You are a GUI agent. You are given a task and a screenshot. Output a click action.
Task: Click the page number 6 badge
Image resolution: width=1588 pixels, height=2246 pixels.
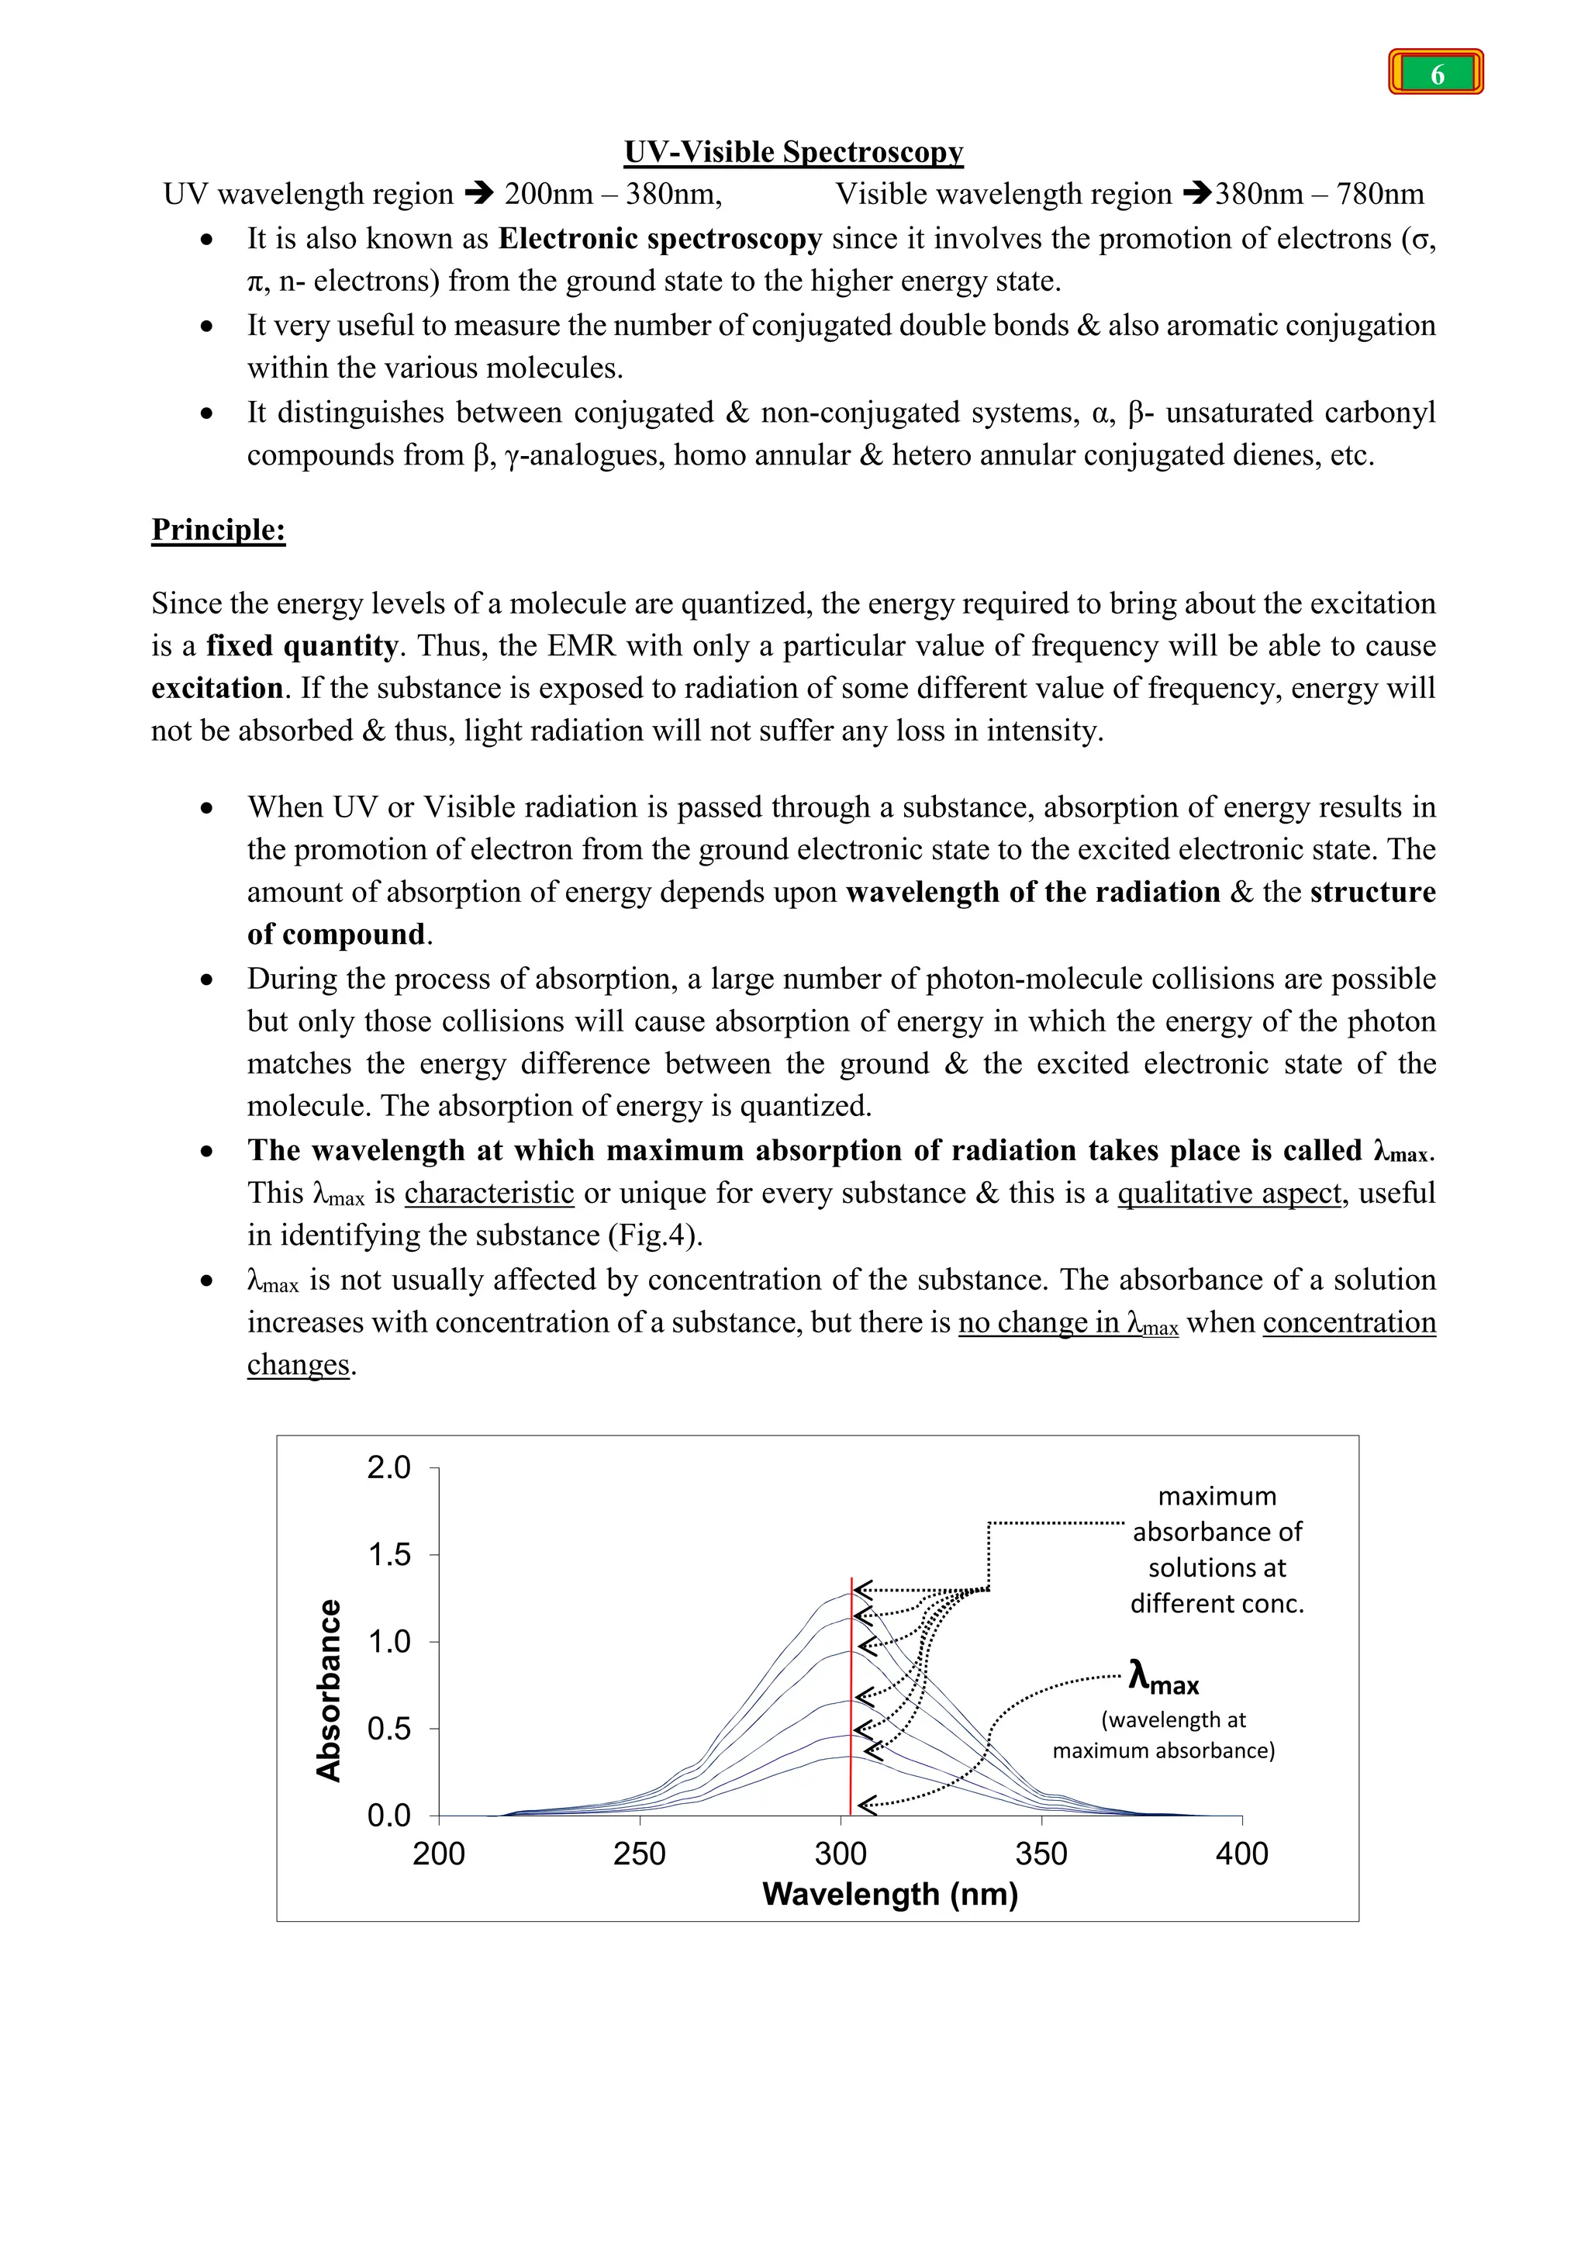click(1435, 74)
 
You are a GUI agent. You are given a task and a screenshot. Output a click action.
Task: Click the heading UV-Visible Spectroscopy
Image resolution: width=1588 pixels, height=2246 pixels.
click(793, 152)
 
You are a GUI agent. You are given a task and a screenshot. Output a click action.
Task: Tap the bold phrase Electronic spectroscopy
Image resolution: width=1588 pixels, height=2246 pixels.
click(660, 239)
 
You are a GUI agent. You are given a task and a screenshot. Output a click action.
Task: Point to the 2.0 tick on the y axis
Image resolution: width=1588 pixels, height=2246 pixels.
click(389, 1467)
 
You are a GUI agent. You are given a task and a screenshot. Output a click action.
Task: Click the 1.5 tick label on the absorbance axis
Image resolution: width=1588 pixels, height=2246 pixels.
click(389, 1554)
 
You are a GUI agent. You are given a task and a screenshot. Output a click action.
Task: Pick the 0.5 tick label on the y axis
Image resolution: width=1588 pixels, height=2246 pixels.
click(389, 1729)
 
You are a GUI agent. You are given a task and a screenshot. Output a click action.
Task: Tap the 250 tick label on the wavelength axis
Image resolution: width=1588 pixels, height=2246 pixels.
click(640, 1854)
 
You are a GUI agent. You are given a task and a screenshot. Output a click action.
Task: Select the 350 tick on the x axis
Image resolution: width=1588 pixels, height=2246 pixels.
click(1041, 1854)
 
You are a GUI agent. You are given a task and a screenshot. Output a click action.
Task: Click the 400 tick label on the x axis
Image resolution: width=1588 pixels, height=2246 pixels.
click(1242, 1854)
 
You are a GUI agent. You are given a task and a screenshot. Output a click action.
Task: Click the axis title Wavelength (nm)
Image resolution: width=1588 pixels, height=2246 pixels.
click(890, 1895)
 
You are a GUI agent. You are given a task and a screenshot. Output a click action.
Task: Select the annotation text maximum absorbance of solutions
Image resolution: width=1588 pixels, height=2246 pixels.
click(1217, 1550)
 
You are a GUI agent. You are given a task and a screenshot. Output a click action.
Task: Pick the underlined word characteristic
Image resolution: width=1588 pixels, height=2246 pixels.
click(489, 1194)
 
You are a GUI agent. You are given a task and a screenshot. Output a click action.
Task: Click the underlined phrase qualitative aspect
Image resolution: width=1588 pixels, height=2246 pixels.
click(1229, 1194)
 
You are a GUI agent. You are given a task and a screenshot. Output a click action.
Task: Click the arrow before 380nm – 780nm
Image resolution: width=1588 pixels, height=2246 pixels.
click(1197, 195)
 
